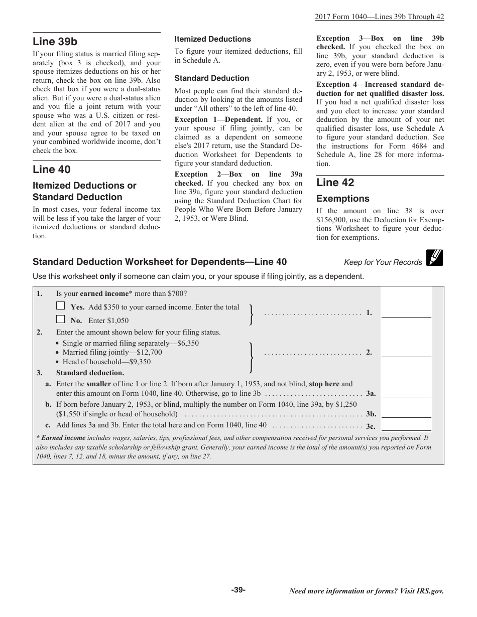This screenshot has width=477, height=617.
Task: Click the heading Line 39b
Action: tap(55, 41)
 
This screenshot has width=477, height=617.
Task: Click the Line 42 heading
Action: tap(335, 183)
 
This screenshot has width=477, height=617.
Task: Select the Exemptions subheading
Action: tap(342, 199)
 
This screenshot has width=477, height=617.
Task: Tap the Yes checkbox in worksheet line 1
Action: tap(61, 305)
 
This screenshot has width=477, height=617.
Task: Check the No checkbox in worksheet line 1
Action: tap(61, 319)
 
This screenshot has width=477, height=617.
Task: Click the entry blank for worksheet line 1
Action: tap(406, 313)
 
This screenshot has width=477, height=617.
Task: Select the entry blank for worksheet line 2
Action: tap(406, 352)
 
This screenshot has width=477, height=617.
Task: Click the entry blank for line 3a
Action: tap(406, 393)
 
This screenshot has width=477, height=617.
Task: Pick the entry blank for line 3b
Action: tap(406, 413)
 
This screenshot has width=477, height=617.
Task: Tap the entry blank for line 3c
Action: tap(406, 426)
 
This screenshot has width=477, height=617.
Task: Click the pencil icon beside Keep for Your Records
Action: tap(434, 258)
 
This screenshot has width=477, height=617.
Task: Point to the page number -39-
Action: tap(238, 590)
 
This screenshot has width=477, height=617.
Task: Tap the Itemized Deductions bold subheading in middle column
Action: tap(212, 39)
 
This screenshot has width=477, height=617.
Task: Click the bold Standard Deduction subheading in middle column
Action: tap(211, 78)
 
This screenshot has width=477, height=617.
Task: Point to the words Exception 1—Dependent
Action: tap(218, 119)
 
